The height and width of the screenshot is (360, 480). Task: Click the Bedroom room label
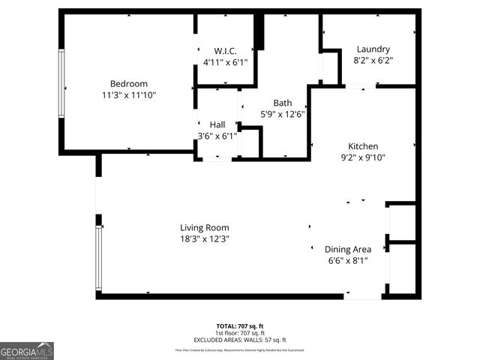click(128, 83)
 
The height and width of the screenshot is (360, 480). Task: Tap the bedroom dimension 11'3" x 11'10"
click(128, 95)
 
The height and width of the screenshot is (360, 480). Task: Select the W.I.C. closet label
click(225, 51)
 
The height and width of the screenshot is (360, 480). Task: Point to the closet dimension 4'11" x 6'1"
click(225, 63)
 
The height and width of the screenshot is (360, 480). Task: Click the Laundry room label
click(373, 49)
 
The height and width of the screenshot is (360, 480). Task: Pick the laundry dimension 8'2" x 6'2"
click(373, 60)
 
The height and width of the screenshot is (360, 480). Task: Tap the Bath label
click(283, 103)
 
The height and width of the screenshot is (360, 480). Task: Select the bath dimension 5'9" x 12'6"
click(283, 115)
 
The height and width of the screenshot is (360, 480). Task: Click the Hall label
click(217, 124)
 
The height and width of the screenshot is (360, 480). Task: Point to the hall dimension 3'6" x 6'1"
click(217, 136)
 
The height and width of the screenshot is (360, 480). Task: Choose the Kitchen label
click(363, 146)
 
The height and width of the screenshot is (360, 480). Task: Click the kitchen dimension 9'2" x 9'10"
click(363, 157)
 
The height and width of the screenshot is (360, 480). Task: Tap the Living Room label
click(204, 227)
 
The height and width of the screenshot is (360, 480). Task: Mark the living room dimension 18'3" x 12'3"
click(204, 238)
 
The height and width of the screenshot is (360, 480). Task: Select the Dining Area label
click(347, 249)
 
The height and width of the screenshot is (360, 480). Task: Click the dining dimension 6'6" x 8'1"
click(347, 260)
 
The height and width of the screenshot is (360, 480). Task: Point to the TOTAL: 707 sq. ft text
click(240, 325)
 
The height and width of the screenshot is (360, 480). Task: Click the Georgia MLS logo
click(27, 350)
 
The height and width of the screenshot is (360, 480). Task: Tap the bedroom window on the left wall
click(61, 83)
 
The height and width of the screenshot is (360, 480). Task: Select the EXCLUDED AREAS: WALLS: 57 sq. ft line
click(240, 340)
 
